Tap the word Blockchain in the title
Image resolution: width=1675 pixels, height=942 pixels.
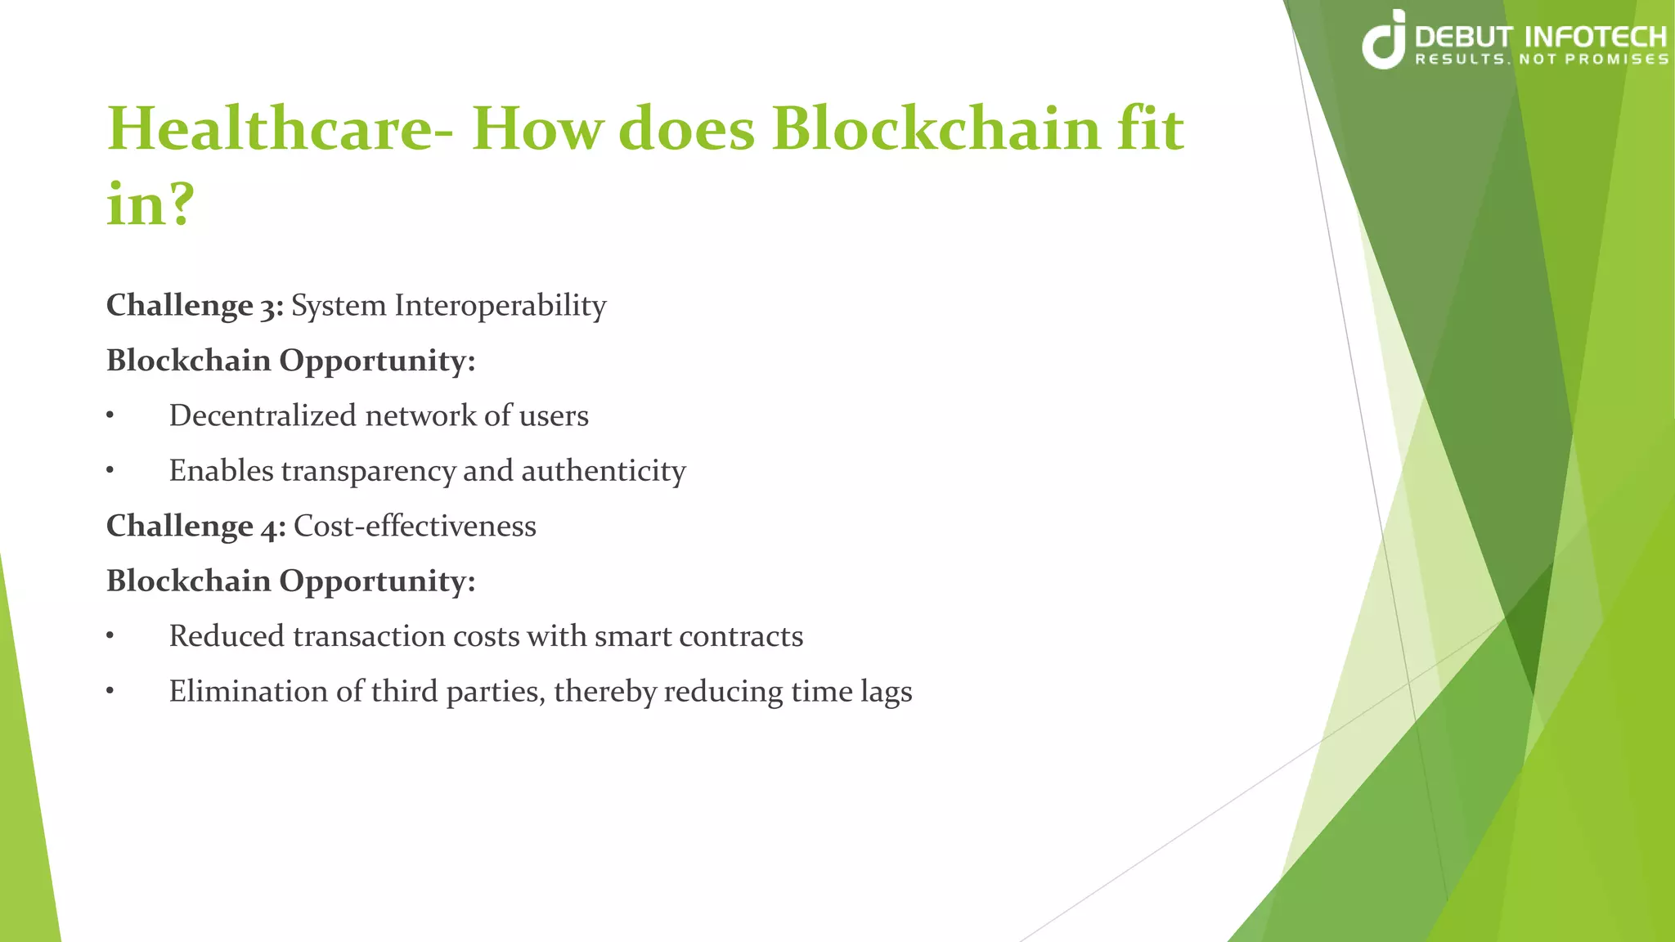point(936,129)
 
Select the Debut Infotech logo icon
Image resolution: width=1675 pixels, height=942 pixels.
point(1384,41)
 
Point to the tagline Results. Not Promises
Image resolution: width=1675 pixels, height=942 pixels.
point(1541,60)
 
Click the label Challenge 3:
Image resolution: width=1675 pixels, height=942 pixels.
point(195,306)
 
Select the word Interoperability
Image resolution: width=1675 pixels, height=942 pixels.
point(500,306)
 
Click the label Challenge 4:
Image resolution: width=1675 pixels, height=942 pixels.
point(195,526)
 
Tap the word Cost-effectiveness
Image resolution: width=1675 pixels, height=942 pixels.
point(415,526)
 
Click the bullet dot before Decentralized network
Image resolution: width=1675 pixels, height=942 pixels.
point(110,416)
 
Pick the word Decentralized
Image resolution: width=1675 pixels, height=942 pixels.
point(263,416)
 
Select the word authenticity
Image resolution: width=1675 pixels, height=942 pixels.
point(604,472)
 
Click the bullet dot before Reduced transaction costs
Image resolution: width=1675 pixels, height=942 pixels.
point(110,637)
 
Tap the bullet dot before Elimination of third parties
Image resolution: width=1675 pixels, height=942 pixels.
point(110,692)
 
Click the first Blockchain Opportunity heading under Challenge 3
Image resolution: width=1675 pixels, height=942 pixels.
point(290,361)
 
